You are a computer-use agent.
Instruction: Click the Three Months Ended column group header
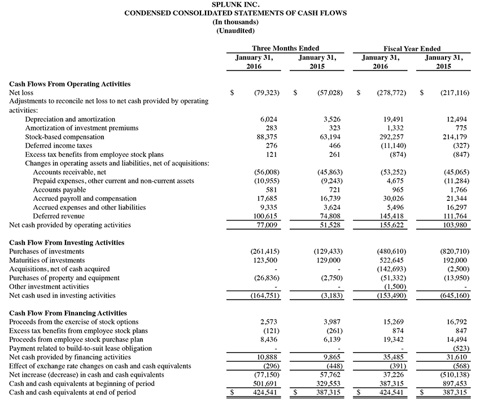pos(286,49)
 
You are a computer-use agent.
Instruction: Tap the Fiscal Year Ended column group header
pos(412,49)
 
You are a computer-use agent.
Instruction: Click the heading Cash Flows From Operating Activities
pos(70,84)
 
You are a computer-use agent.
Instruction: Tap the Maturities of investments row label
pos(47,260)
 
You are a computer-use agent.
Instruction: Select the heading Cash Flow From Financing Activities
pos(68,313)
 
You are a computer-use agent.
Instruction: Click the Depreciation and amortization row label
pos(70,120)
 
